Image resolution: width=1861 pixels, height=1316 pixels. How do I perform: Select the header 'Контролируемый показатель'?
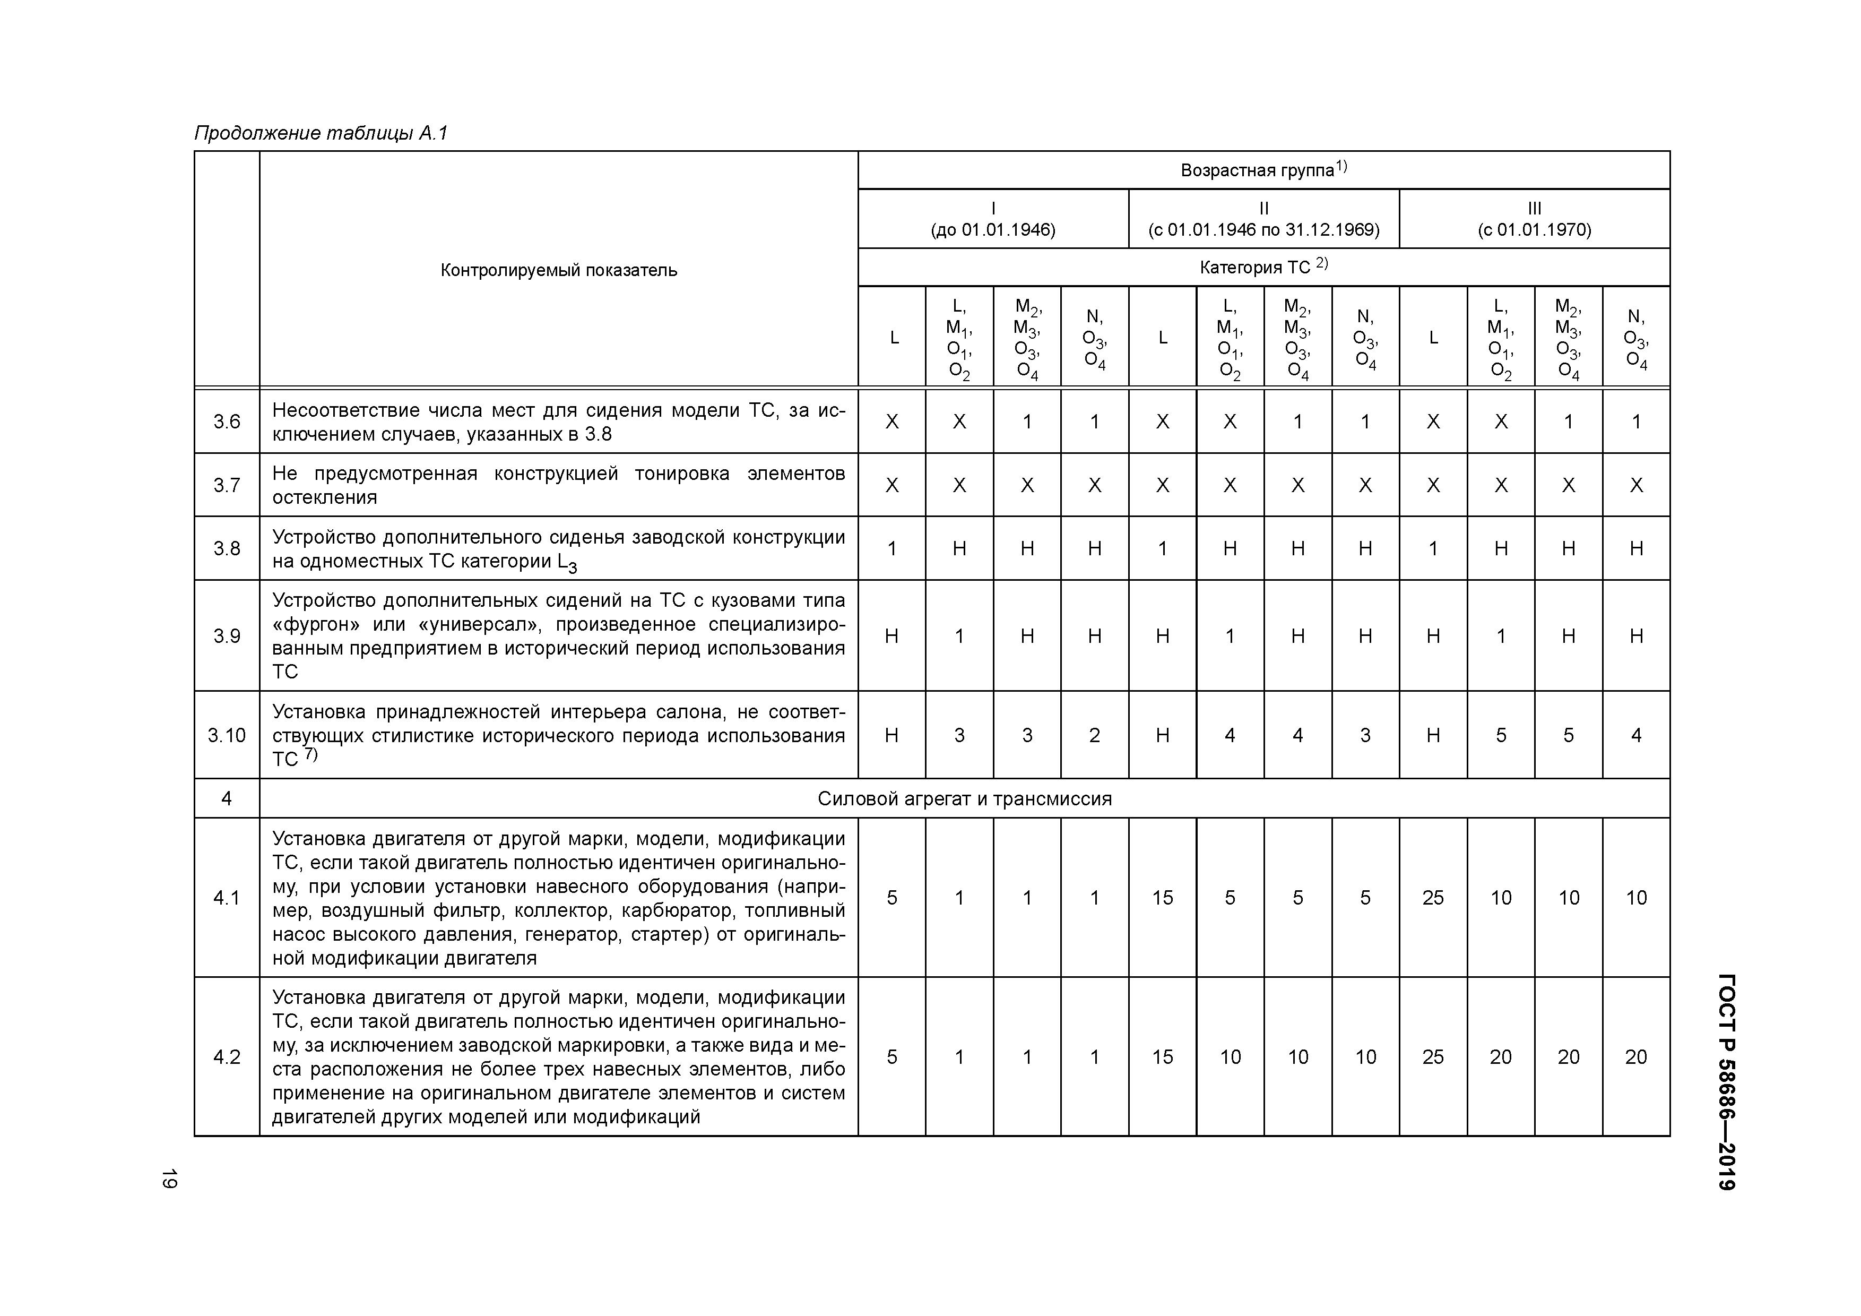[x=558, y=270]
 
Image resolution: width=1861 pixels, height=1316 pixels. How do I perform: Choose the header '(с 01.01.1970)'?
[x=1534, y=229]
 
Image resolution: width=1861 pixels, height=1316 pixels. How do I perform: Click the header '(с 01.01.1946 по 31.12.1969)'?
[x=1263, y=229]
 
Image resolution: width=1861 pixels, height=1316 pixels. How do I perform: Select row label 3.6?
[x=227, y=422]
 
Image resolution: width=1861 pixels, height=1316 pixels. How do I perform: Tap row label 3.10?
[x=227, y=735]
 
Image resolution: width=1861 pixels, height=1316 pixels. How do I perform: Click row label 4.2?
[x=227, y=1056]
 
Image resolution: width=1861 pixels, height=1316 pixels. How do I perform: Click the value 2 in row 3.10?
[x=1094, y=735]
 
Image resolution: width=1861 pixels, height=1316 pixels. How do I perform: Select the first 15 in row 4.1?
[x=1162, y=898]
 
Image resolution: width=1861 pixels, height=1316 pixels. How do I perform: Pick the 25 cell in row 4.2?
[x=1433, y=1056]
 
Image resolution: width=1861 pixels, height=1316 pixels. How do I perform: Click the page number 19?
[x=169, y=1179]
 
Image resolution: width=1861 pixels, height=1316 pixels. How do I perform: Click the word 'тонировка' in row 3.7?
[x=682, y=474]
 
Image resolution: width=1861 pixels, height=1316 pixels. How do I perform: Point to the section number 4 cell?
[x=227, y=799]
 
